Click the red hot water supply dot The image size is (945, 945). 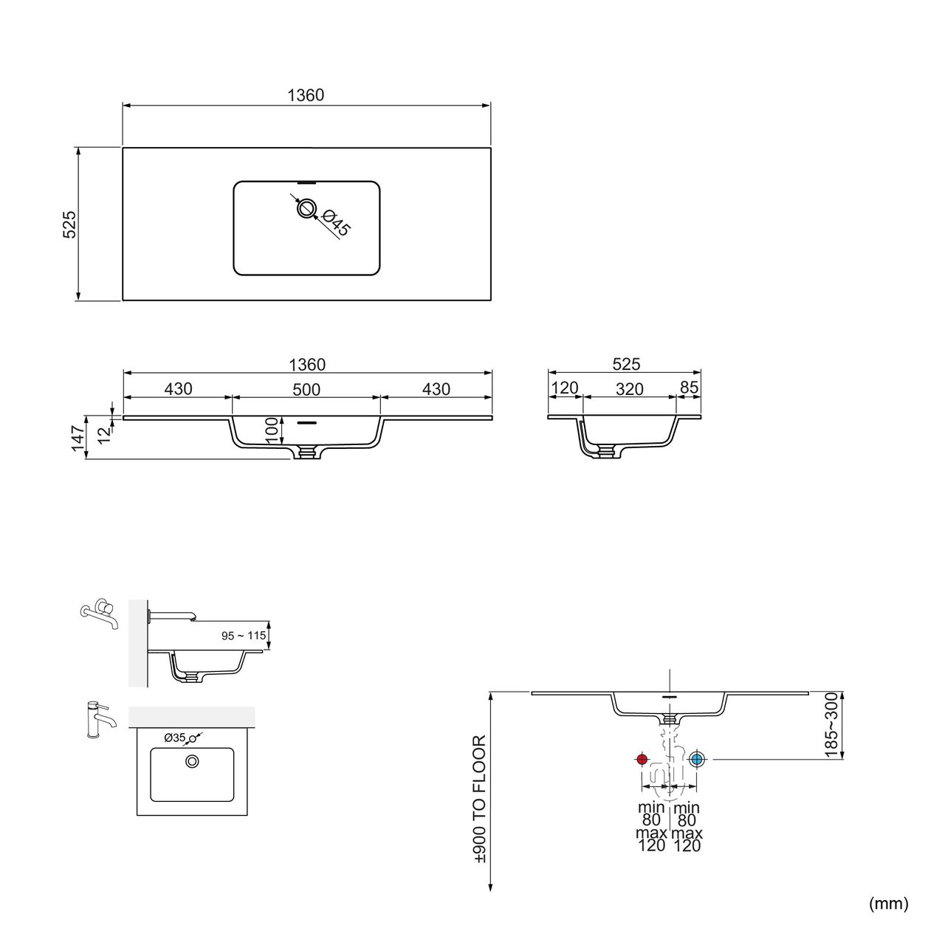coord(642,759)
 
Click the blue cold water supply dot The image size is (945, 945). coord(696,759)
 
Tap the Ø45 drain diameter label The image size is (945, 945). coord(337,222)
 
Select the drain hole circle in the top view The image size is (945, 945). coord(306,208)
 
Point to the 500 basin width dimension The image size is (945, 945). coord(306,389)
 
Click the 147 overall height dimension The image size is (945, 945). coord(78,438)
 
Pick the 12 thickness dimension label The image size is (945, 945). coord(104,435)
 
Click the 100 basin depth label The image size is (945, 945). coord(272,430)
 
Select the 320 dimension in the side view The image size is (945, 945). coord(629,389)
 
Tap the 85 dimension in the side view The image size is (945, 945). coord(689,388)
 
